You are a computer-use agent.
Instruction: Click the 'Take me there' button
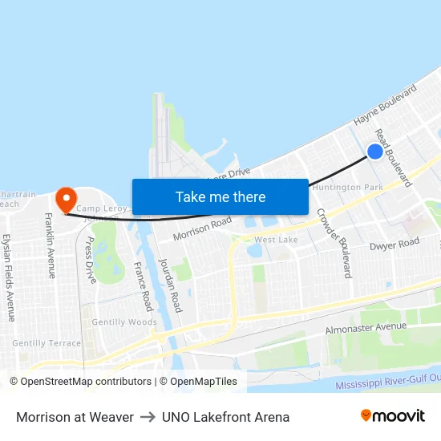pyautogui.click(x=220, y=196)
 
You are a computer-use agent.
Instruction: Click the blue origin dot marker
pyautogui.click(x=374, y=151)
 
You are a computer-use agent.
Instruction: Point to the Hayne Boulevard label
pyautogui.click(x=386, y=105)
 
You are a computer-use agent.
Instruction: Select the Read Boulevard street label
pyautogui.click(x=394, y=159)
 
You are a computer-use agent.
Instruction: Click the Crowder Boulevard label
pyautogui.click(x=334, y=243)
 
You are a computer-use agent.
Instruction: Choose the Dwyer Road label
pyautogui.click(x=394, y=244)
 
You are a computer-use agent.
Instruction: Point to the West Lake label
pyautogui.click(x=276, y=240)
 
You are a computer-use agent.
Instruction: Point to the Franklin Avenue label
pyautogui.click(x=51, y=245)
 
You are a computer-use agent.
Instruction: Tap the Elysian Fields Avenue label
pyautogui.click(x=9, y=277)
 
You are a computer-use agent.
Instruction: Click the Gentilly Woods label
pyautogui.click(x=124, y=322)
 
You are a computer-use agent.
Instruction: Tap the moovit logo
pyautogui.click(x=392, y=416)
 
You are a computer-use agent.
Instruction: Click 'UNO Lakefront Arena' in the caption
pyautogui.click(x=225, y=417)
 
